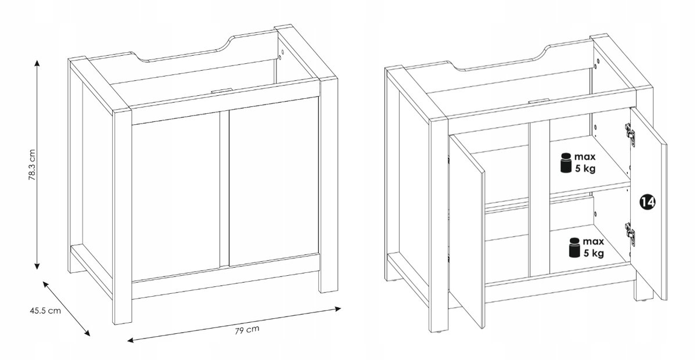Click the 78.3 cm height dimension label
(x=33, y=165)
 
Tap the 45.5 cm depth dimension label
(x=45, y=311)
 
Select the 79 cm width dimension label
(x=247, y=330)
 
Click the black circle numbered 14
(x=648, y=202)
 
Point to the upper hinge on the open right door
(x=630, y=135)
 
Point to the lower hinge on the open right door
(x=630, y=235)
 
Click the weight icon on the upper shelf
(x=566, y=163)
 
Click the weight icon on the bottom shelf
(x=574, y=248)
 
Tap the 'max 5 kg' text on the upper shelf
(x=585, y=163)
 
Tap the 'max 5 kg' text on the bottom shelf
(x=594, y=247)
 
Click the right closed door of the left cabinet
(x=274, y=182)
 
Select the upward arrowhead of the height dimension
(x=37, y=63)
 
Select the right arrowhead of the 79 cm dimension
(x=337, y=309)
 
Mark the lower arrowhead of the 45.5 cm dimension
(x=87, y=333)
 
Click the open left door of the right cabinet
(x=467, y=231)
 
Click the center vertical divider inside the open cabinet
(x=539, y=199)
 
